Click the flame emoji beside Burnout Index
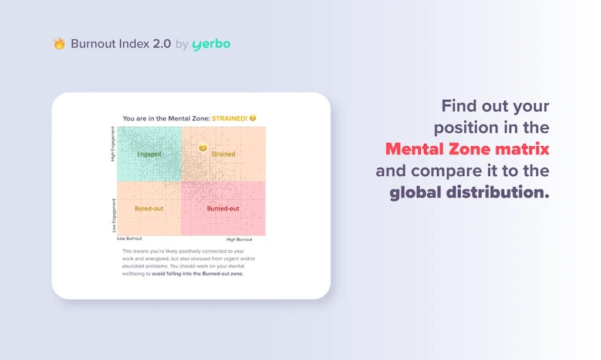pyautogui.click(x=59, y=43)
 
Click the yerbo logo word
pyautogui.click(x=211, y=44)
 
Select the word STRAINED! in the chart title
pyautogui.click(x=229, y=118)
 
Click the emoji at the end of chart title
pyautogui.click(x=253, y=118)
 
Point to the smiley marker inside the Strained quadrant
pyautogui.click(x=202, y=147)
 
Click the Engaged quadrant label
pyautogui.click(x=149, y=154)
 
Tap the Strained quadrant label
pyautogui.click(x=223, y=154)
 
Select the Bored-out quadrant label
pyautogui.click(x=149, y=208)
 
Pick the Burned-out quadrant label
pyautogui.click(x=223, y=208)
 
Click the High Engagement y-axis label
pyautogui.click(x=113, y=144)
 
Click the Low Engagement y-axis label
pyautogui.click(x=114, y=214)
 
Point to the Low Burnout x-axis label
pyautogui.click(x=130, y=238)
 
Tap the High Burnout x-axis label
pyautogui.click(x=239, y=239)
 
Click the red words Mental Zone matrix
pyautogui.click(x=467, y=149)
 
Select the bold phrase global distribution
pyautogui.click(x=470, y=193)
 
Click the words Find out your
pyautogui.click(x=495, y=106)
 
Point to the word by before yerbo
pyautogui.click(x=181, y=44)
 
